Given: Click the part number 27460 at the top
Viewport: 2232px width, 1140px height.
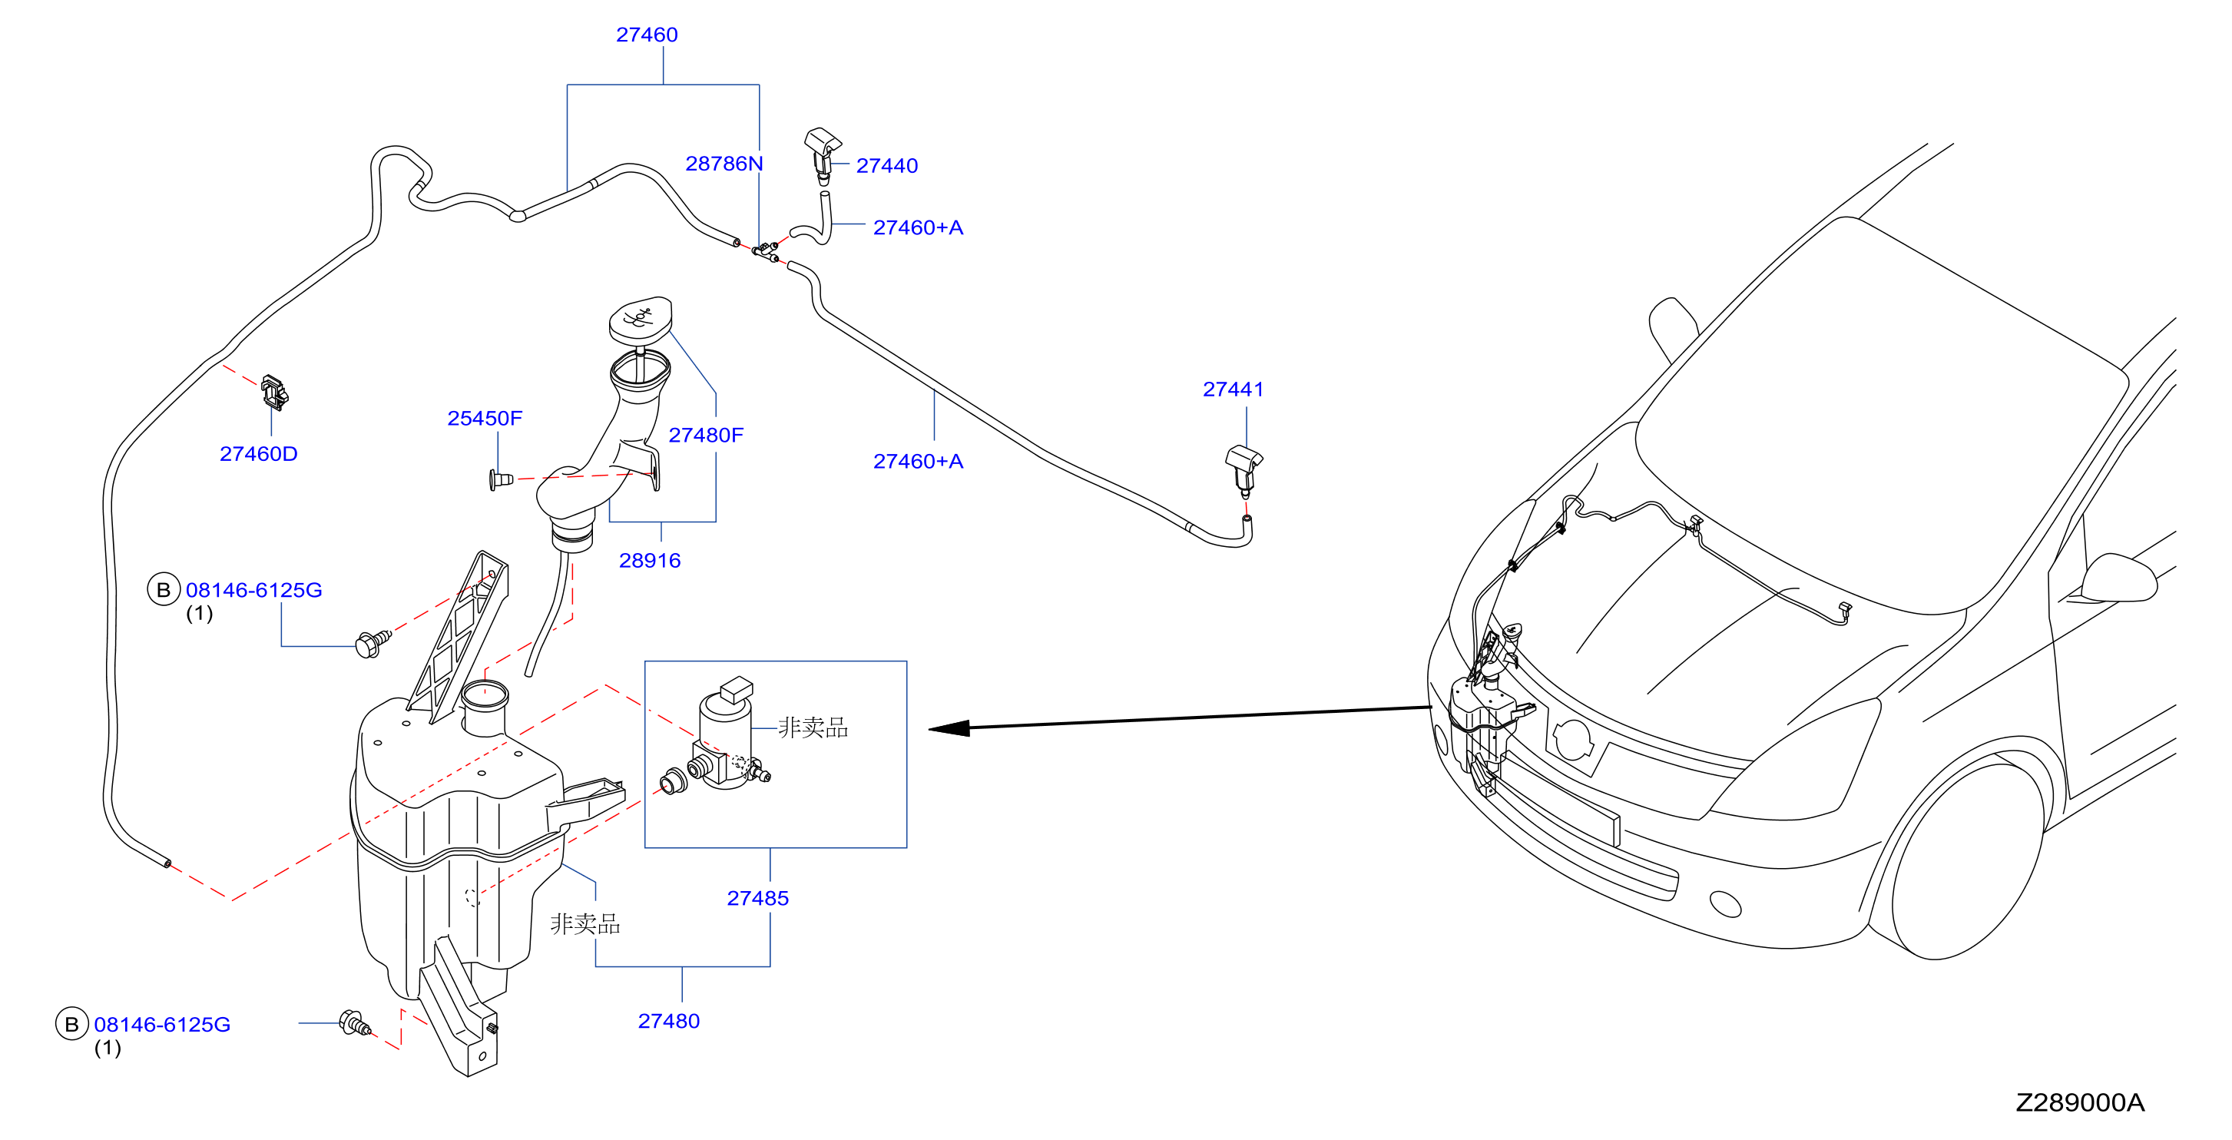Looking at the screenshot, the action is [x=647, y=35].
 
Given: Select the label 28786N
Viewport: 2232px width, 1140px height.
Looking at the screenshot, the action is [x=724, y=163].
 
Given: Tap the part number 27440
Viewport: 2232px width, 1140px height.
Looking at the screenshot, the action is [x=886, y=166].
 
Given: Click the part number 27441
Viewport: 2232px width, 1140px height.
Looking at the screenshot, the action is [x=1233, y=389].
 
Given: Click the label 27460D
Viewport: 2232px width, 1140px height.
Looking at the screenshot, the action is [x=258, y=453].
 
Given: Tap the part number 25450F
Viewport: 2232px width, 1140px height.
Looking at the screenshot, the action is [x=485, y=418].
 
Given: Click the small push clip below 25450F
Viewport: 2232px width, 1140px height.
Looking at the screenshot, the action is [x=501, y=479].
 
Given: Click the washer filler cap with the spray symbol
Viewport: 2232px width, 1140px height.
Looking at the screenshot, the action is [x=641, y=319].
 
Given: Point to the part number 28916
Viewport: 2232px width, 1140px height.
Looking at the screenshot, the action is [x=649, y=560].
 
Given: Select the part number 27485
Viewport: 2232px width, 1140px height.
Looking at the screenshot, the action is [x=757, y=898].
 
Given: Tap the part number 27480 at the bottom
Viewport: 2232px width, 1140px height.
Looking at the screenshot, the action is [x=668, y=1020].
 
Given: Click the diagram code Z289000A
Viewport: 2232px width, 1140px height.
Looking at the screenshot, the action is [x=2079, y=1102].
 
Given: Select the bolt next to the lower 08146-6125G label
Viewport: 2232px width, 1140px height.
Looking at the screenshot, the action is [x=354, y=1023].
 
